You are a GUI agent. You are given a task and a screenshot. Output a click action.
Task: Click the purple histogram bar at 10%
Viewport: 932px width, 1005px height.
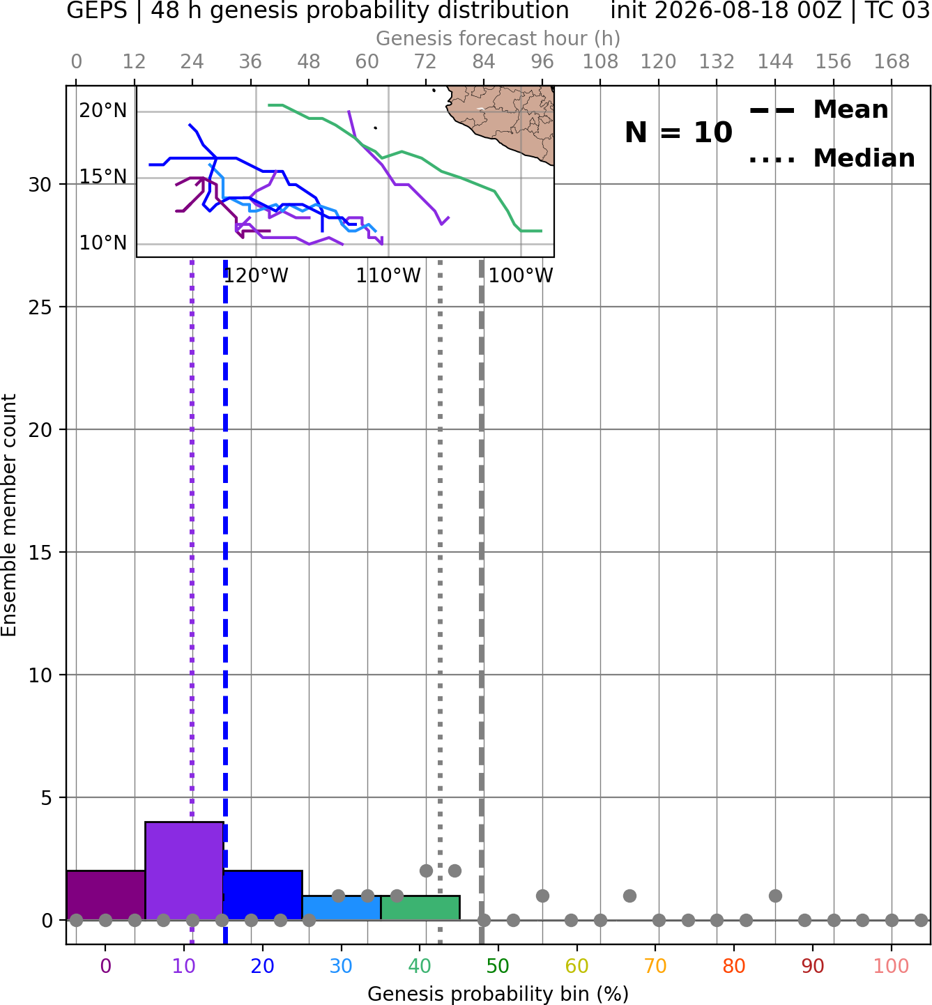[184, 871]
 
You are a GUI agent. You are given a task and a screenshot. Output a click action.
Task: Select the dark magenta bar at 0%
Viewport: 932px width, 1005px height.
[106, 895]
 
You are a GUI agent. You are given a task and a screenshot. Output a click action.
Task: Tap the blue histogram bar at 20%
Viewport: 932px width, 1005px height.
[263, 895]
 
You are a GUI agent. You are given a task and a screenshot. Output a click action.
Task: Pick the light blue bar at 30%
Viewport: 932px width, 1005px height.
[342, 908]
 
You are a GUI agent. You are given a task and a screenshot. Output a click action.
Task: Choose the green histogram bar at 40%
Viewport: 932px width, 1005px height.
[420, 908]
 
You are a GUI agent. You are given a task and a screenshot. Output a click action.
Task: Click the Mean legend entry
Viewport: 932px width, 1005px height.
[818, 110]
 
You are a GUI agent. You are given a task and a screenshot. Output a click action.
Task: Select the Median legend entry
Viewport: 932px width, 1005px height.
[832, 158]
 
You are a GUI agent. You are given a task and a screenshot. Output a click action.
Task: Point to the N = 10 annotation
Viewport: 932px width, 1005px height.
[678, 132]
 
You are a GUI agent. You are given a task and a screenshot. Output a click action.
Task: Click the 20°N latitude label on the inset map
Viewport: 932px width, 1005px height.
[102, 110]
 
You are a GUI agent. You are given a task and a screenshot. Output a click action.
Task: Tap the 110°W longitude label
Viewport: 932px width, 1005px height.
[388, 276]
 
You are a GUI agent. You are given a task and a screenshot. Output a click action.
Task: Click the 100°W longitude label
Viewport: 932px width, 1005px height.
[521, 276]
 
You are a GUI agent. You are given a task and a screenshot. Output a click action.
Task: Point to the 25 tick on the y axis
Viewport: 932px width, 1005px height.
[40, 307]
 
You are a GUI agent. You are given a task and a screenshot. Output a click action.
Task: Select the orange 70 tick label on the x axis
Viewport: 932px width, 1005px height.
[655, 966]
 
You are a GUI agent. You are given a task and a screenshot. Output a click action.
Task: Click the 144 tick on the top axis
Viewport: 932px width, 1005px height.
[775, 62]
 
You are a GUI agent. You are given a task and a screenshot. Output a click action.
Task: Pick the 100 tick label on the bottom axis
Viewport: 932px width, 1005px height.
[892, 966]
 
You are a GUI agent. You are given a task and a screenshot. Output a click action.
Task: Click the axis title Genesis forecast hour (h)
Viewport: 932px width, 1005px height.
[498, 38]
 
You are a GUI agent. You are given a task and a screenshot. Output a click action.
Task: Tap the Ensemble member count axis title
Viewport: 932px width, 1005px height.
[9, 515]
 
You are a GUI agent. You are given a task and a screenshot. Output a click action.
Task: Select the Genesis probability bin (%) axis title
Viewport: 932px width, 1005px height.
[498, 994]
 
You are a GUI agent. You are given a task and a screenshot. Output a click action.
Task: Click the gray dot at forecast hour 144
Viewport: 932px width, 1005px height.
[775, 896]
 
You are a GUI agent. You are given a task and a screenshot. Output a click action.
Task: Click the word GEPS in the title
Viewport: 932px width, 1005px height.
[97, 10]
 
